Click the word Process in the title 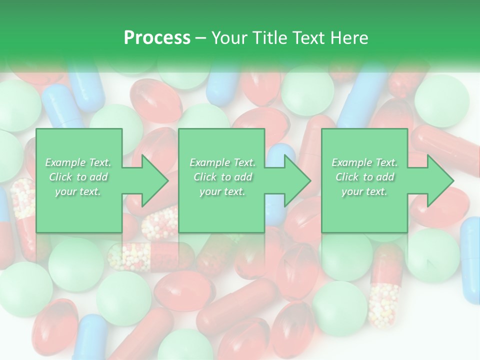(157, 37)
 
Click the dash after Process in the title (200, 38)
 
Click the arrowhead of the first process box (153, 180)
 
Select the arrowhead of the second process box (295, 180)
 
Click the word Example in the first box (65, 162)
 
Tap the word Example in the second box (209, 162)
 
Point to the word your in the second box (210, 191)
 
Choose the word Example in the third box (351, 162)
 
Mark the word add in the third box (385, 177)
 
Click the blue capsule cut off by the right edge (470, 260)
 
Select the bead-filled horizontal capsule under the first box (150, 256)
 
